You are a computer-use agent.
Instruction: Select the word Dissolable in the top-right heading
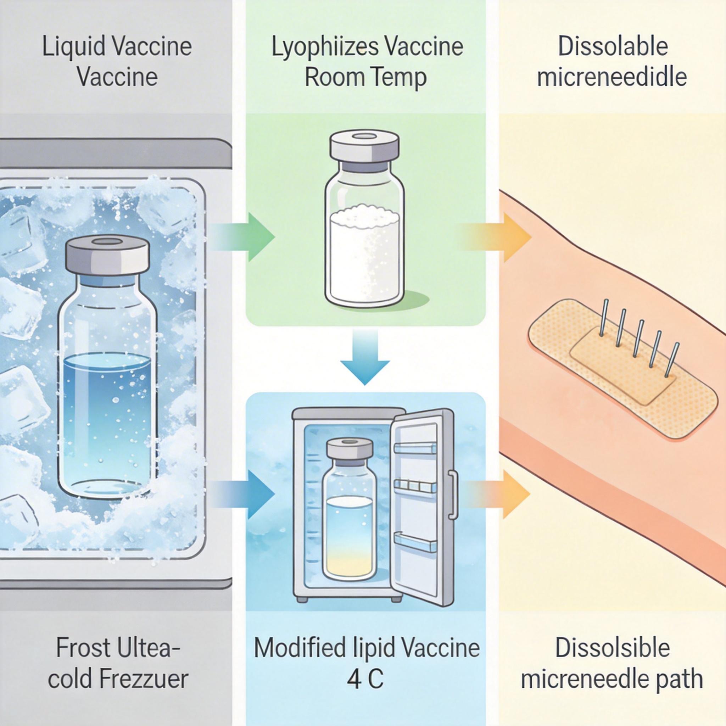tap(613, 47)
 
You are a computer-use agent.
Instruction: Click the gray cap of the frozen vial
tap(108, 257)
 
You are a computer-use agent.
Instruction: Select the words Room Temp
tap(365, 77)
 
